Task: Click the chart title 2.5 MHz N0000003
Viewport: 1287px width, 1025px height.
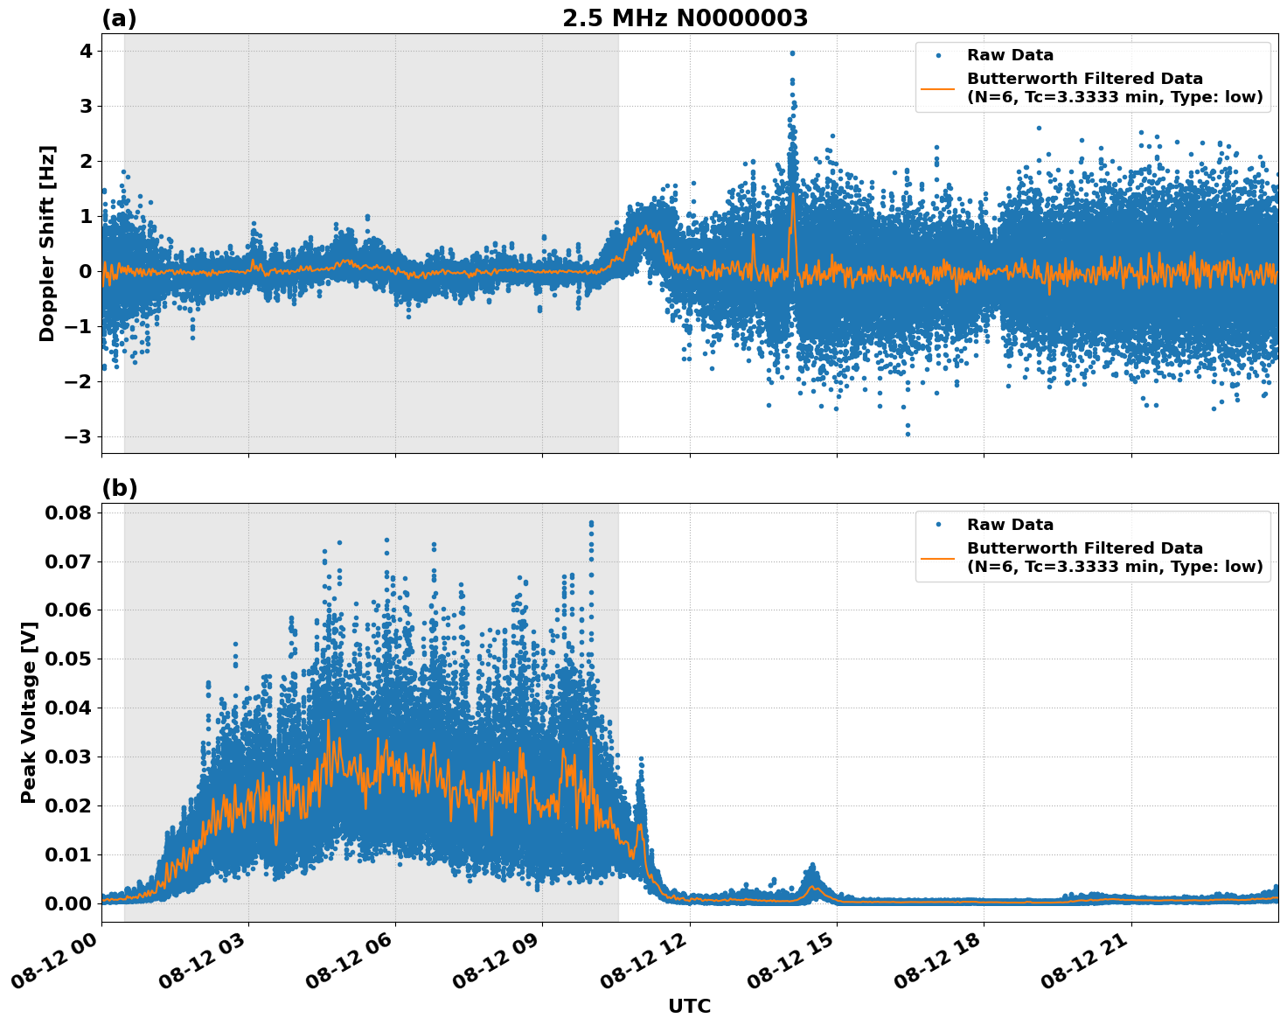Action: (685, 18)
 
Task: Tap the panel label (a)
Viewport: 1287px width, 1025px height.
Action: (119, 18)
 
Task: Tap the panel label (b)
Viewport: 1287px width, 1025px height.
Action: (119, 488)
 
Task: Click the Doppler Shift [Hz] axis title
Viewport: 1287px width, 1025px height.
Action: (47, 243)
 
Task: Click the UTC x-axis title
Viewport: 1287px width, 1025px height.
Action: (689, 1006)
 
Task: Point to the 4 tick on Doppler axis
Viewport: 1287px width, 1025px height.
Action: (85, 52)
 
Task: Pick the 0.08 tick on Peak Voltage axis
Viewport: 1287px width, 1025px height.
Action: (67, 512)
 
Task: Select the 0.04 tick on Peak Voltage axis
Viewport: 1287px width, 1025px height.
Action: (67, 708)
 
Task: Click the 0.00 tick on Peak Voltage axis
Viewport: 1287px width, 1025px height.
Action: (67, 903)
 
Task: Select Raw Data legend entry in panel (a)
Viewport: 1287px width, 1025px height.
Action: (1010, 55)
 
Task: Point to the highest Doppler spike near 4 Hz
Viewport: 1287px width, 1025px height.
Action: (792, 53)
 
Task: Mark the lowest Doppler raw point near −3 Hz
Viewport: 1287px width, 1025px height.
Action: (907, 434)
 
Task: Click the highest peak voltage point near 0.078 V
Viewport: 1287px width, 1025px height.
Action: (591, 523)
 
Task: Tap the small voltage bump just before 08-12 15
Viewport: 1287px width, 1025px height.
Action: (812, 868)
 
